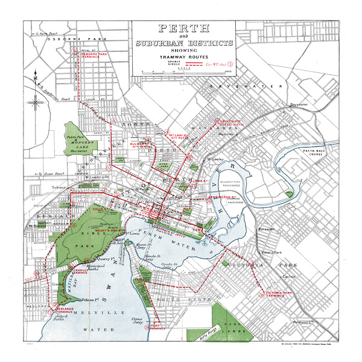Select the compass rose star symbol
point(35,99)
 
